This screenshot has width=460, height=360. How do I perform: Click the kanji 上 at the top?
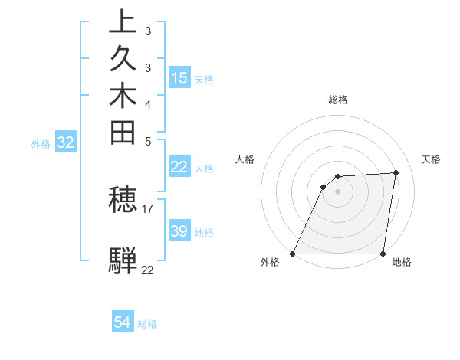[x=123, y=21]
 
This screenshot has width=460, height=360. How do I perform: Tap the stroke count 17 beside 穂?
[x=148, y=208]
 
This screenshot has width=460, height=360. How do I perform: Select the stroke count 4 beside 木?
[x=148, y=104]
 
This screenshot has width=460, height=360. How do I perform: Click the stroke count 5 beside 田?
[x=148, y=141]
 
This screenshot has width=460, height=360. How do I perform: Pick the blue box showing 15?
[x=179, y=77]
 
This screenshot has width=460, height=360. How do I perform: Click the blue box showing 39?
[x=179, y=231]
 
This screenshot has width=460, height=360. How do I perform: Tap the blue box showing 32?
[x=66, y=142]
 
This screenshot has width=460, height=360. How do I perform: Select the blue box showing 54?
[x=123, y=322]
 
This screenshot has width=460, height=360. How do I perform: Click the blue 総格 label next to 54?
[x=148, y=324]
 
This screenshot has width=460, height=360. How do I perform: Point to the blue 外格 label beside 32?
[x=41, y=143]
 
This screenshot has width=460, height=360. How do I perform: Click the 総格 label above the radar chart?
[x=337, y=100]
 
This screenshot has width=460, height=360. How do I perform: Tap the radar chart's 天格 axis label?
[x=431, y=159]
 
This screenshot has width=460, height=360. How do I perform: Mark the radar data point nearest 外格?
[x=293, y=254]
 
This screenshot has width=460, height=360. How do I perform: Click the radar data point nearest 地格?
[x=383, y=254]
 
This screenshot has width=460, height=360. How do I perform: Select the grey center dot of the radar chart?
[x=337, y=191]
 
